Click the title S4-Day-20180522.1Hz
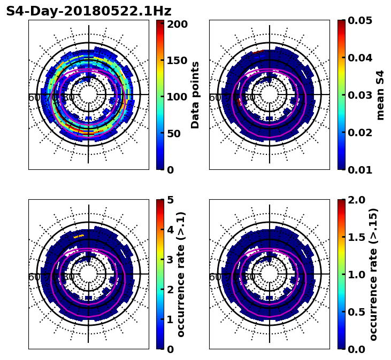click(x=89, y=11)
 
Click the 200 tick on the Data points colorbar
click(x=177, y=24)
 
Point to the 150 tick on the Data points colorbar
click(x=177, y=60)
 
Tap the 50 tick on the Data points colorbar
click(x=174, y=134)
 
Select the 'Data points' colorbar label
click(x=195, y=95)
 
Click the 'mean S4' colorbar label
click(x=380, y=95)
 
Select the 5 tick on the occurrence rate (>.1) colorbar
click(x=170, y=200)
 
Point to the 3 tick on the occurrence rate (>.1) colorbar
click(x=170, y=260)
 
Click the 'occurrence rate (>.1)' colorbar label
click(x=181, y=275)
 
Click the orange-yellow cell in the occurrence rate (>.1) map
click(x=79, y=236)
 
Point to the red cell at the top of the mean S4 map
click(x=258, y=52)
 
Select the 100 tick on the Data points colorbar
click(x=177, y=97)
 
